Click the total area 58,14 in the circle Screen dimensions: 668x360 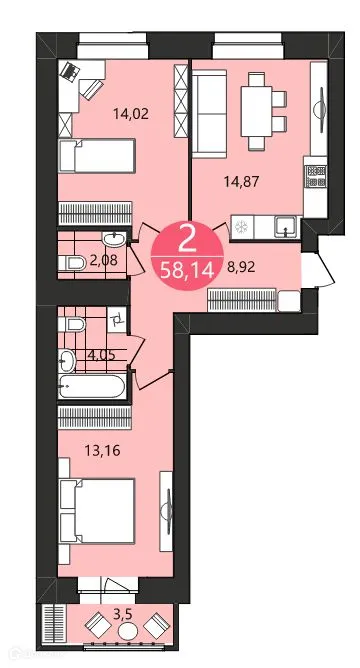click(x=185, y=269)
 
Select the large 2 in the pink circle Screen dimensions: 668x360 click(x=185, y=240)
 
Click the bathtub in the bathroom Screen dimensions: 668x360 click(x=92, y=386)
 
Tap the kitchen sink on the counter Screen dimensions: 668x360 click(x=285, y=226)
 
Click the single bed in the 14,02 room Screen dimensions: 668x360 click(x=95, y=157)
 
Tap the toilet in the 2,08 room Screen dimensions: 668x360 click(x=72, y=262)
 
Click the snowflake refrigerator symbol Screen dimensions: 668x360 click(x=241, y=227)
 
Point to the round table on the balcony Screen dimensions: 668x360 click(x=125, y=626)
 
